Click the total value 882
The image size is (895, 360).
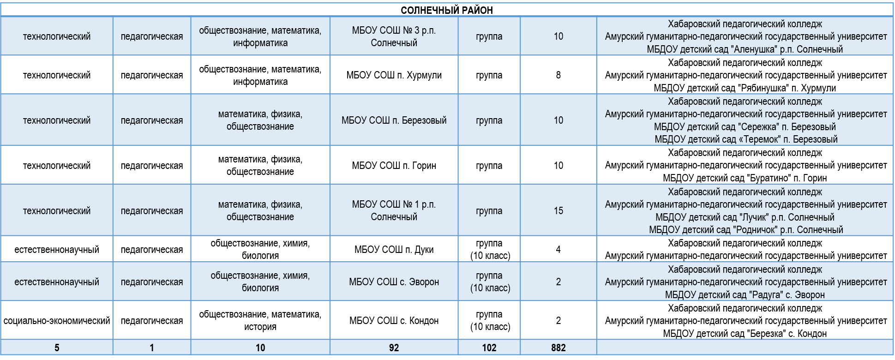558,348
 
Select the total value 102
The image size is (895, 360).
489,348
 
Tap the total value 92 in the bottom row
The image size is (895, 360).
394,348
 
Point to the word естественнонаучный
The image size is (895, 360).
57,282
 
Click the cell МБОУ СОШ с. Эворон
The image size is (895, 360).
394,282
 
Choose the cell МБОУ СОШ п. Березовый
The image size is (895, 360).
394,120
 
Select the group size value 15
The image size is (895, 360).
558,211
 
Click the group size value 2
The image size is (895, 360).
558,282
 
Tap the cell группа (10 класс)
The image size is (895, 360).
490,282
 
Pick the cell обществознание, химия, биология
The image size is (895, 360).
260,282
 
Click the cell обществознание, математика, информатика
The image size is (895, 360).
260,36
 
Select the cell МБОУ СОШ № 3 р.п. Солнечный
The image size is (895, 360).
394,36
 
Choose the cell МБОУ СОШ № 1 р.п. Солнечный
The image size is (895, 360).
394,211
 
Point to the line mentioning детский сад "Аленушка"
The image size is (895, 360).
745,49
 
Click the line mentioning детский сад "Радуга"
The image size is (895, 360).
745,295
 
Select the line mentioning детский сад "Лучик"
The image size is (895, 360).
745,217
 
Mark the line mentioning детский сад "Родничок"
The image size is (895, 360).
746,230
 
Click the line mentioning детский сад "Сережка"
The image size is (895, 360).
745,127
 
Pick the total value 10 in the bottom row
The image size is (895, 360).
260,348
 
